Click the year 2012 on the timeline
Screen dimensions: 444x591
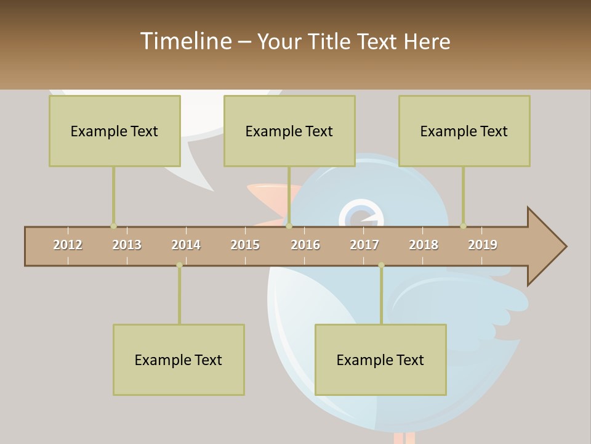pyautogui.click(x=68, y=245)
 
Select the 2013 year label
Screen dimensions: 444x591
pyautogui.click(x=127, y=245)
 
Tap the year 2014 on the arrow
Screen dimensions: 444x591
pyautogui.click(x=186, y=245)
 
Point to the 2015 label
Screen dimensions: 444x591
pyautogui.click(x=245, y=245)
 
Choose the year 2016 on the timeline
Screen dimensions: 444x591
pyautogui.click(x=305, y=245)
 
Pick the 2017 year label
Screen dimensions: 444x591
pyautogui.click(x=364, y=245)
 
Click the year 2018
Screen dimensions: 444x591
pyautogui.click(x=424, y=245)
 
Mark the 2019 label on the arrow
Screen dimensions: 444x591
pyautogui.click(x=483, y=245)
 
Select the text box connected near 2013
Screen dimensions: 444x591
pyautogui.click(x=115, y=131)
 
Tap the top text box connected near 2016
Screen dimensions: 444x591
pyautogui.click(x=289, y=131)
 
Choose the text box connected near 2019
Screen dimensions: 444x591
pyautogui.click(x=464, y=131)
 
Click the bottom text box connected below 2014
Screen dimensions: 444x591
pyautogui.click(x=179, y=360)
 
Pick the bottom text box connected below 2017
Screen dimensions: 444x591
pyautogui.click(x=380, y=360)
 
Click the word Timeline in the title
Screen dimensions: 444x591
pyautogui.click(x=185, y=41)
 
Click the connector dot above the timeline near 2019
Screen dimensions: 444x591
pyautogui.click(x=463, y=226)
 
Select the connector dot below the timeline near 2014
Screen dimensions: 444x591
pyautogui.click(x=179, y=265)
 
